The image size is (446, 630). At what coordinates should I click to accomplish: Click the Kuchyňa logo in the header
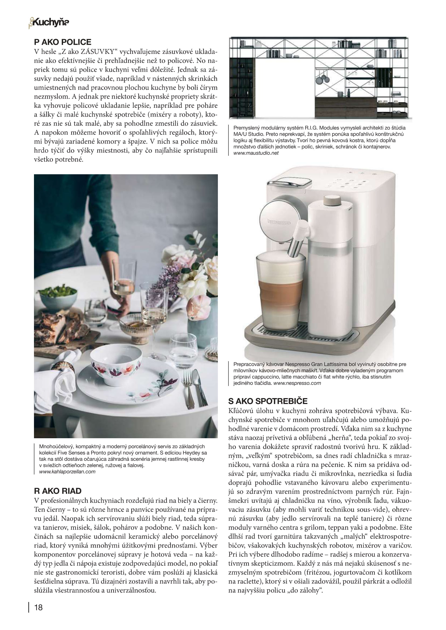(49, 23)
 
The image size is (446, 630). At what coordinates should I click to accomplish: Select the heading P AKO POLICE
(63, 42)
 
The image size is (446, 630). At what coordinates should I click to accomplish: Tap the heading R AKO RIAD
(58, 491)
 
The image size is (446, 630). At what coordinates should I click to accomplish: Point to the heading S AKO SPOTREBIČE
(268, 401)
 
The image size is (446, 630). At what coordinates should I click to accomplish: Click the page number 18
(39, 607)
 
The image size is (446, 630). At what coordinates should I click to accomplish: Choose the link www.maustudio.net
(256, 153)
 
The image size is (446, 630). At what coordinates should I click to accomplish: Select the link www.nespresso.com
(297, 383)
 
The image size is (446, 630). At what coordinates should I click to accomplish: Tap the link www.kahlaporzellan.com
(67, 472)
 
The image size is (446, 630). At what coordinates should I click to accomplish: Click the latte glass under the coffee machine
(280, 291)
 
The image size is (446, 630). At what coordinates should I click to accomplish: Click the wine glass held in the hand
(123, 280)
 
